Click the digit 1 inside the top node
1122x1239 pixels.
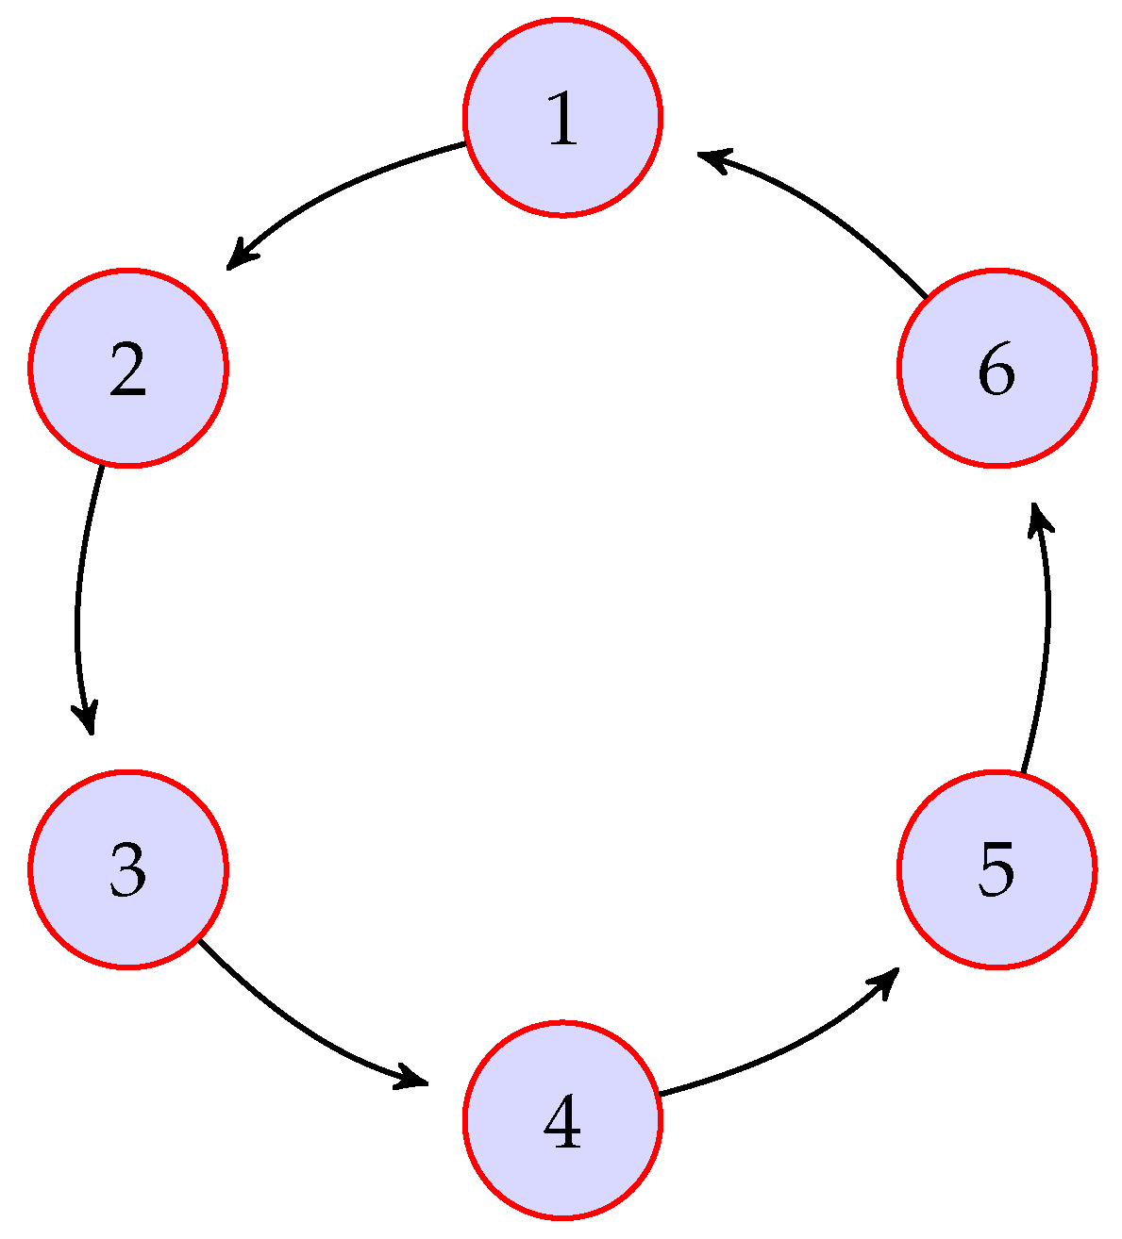tap(562, 118)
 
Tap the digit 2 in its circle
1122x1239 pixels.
tap(128, 369)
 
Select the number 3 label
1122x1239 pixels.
tap(128, 869)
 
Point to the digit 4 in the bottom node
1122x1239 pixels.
tap(562, 1121)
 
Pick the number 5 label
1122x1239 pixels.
tap(996, 869)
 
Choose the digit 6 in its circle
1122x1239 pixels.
tap(996, 369)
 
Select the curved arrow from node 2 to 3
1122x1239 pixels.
tap(78, 603)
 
